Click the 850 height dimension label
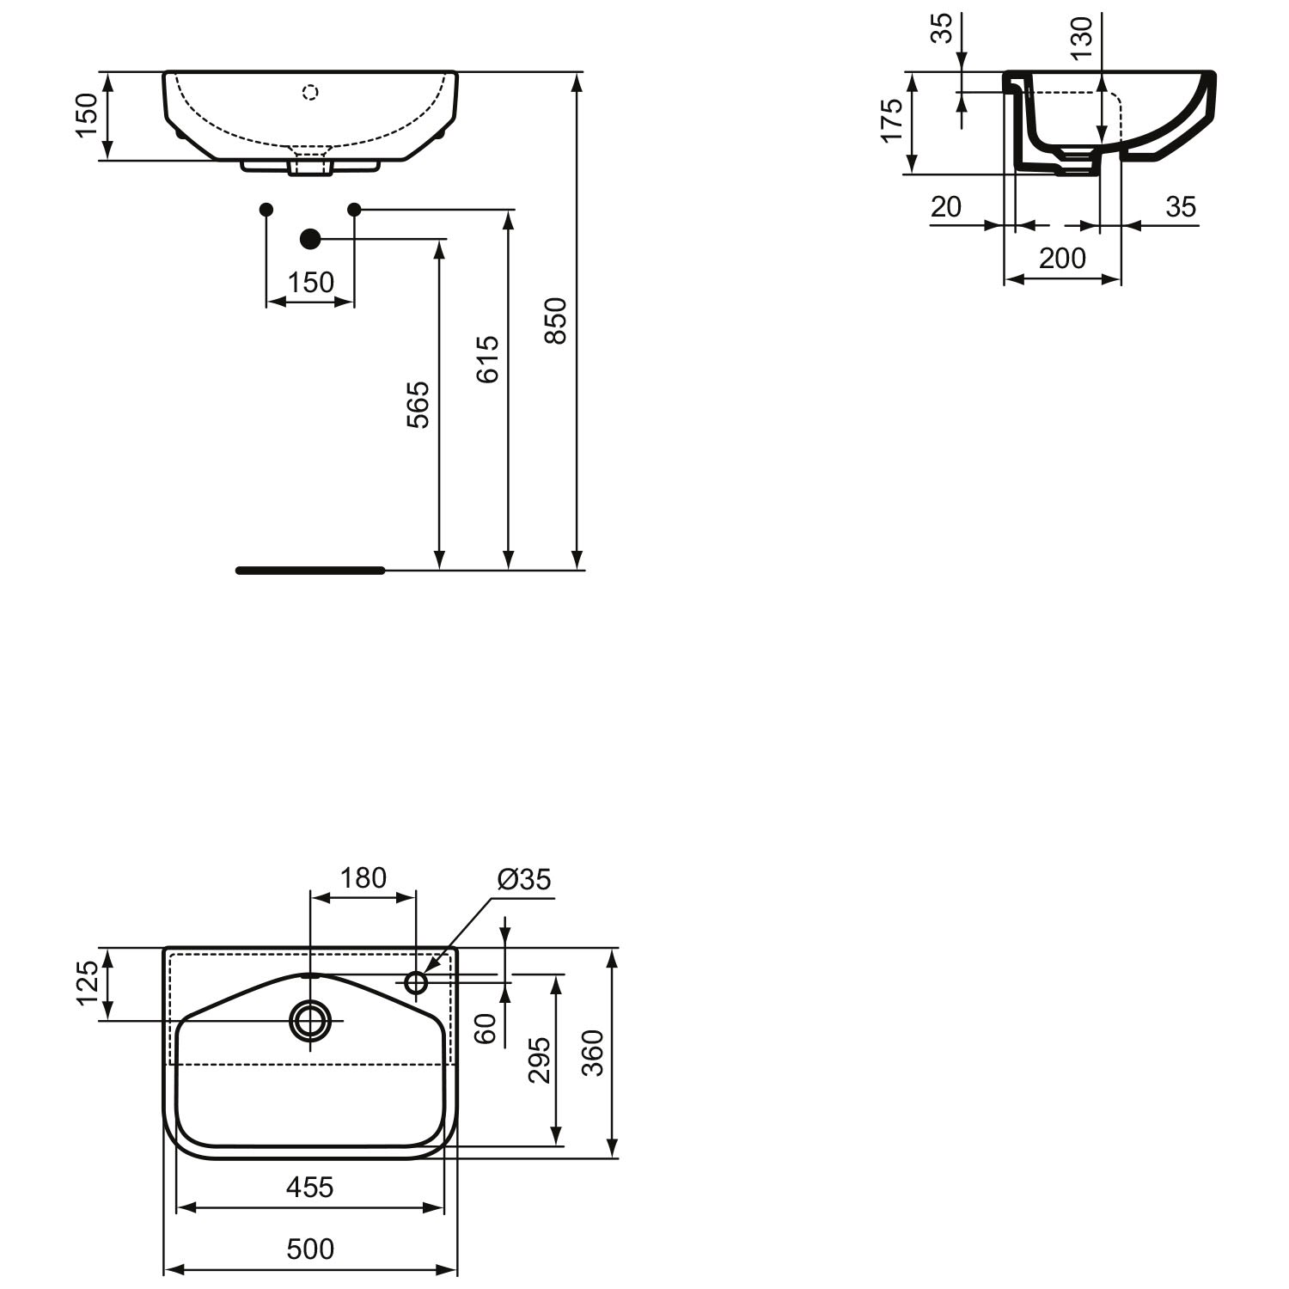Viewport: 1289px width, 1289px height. coord(557,321)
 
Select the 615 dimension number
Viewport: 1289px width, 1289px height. coord(487,359)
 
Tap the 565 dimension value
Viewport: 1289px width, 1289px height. coord(418,405)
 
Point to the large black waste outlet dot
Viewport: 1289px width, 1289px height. coord(310,239)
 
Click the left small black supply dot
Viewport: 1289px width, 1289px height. coord(266,210)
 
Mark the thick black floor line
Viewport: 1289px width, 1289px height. coord(310,570)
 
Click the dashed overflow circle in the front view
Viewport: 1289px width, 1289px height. coord(311,91)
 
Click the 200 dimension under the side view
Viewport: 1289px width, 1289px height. coord(1063,258)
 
